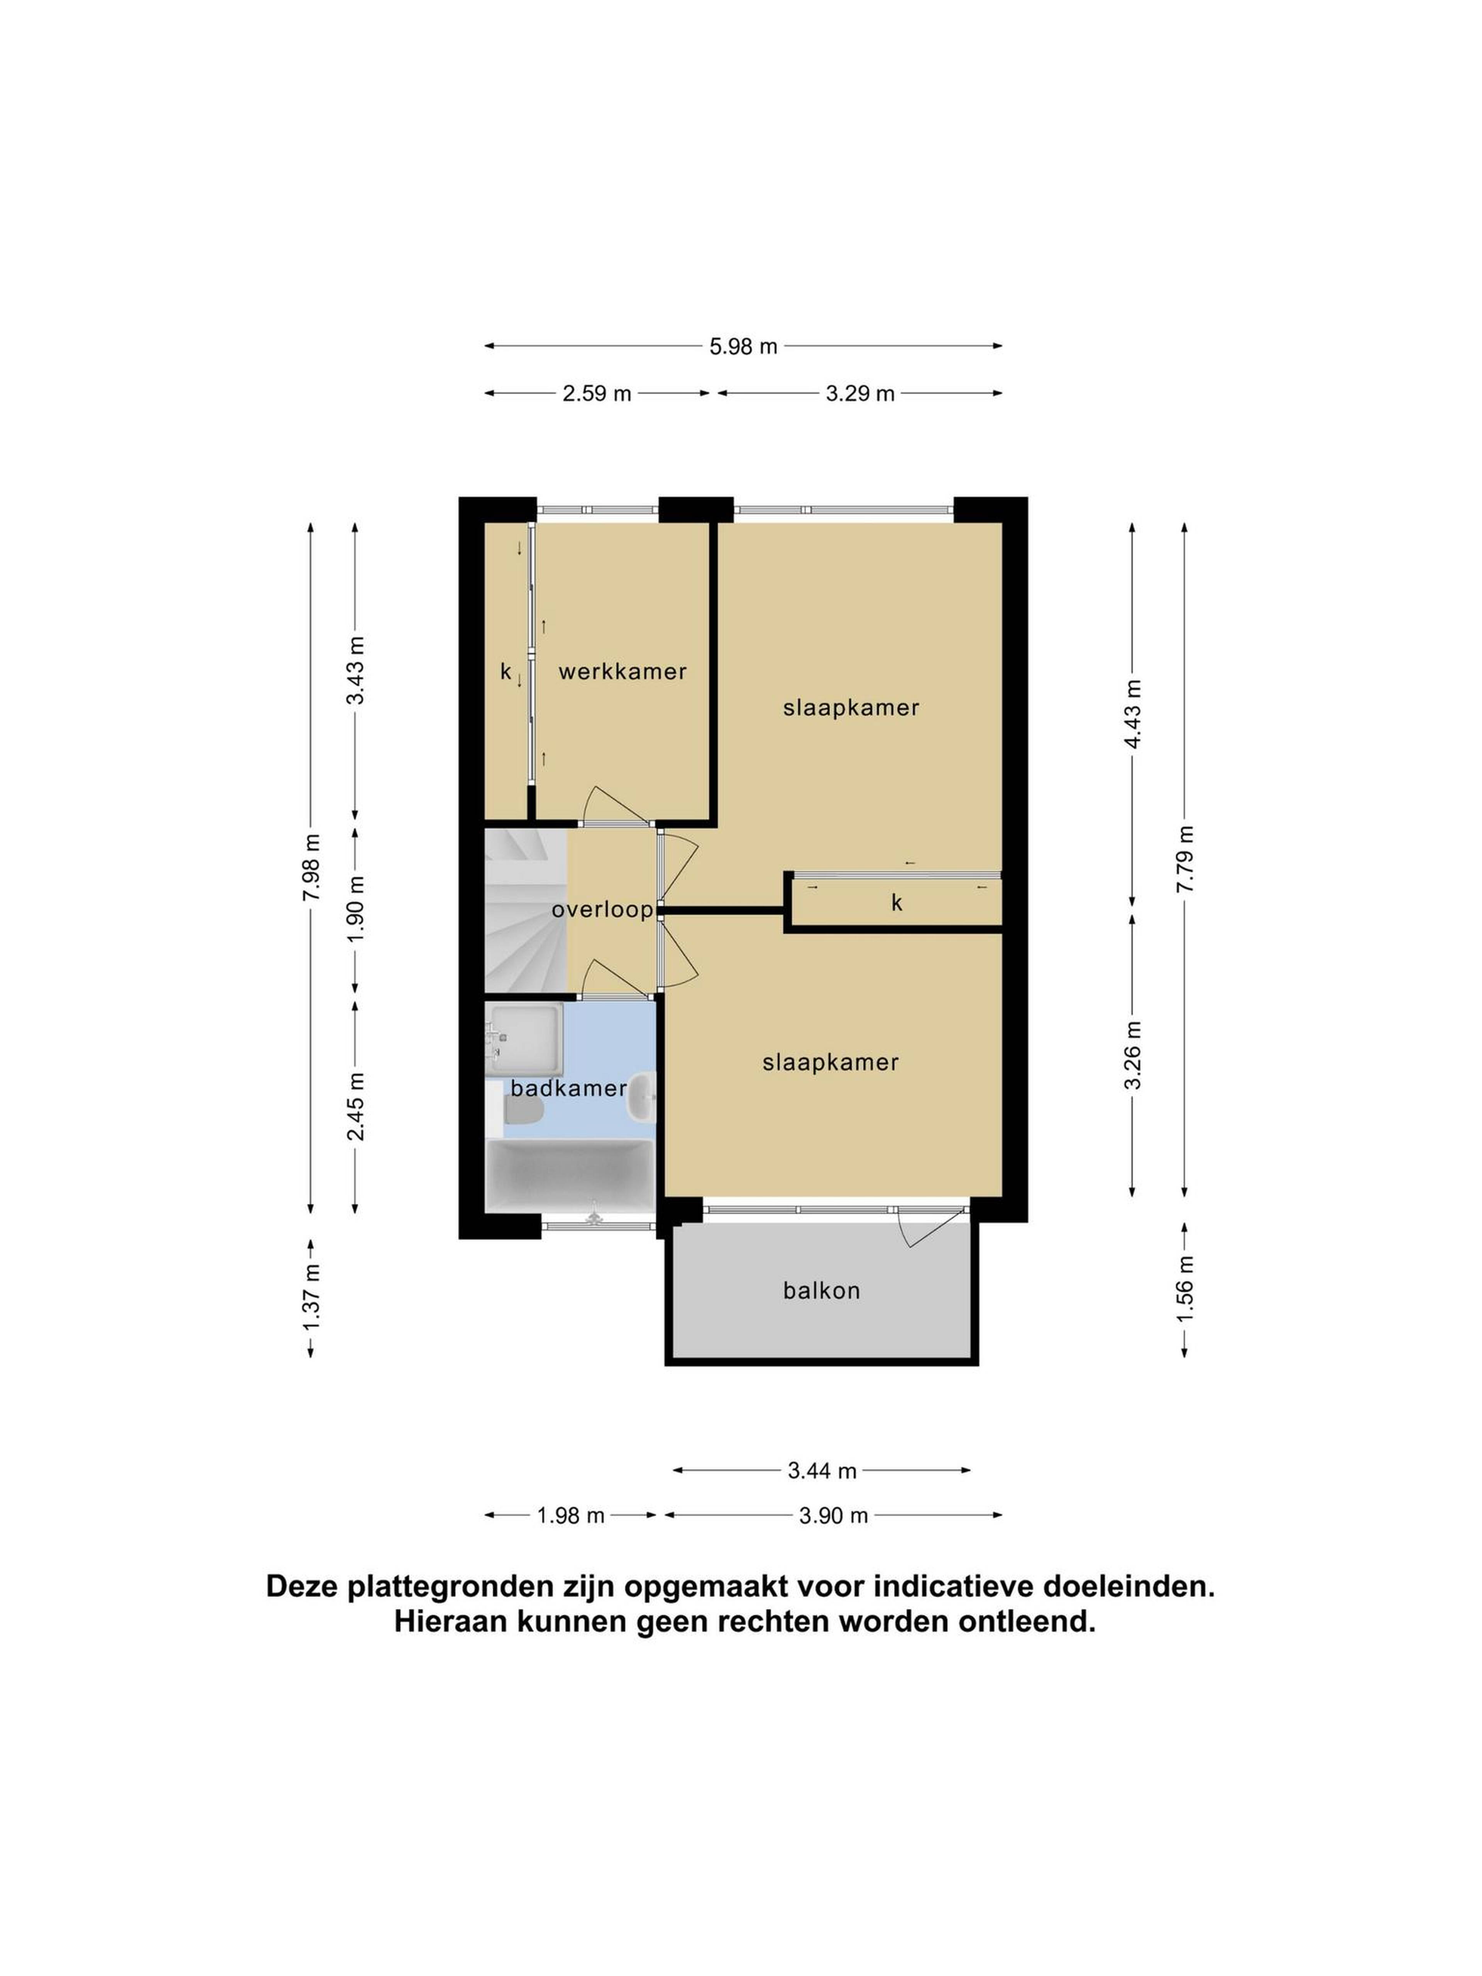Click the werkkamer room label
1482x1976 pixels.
623,672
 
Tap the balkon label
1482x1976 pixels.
821,1291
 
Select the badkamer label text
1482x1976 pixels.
568,1088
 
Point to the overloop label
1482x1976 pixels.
602,910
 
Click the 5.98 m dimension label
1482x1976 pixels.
743,347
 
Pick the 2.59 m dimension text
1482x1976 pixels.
597,393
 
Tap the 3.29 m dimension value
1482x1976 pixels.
859,393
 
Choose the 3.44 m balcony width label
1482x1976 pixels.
822,1470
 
